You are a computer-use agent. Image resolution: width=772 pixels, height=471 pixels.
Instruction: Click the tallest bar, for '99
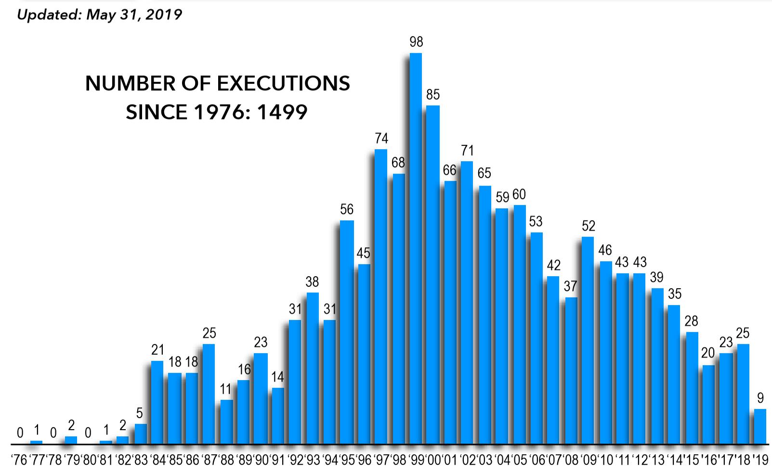[x=416, y=248]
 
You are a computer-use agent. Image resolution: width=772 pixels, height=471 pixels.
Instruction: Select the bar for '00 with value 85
[x=433, y=274]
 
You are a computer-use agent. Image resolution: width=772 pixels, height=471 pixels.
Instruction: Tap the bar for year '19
[x=760, y=426]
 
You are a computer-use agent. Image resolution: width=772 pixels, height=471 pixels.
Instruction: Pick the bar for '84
[x=157, y=402]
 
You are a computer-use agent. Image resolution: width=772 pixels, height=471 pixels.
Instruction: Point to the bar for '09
[x=588, y=340]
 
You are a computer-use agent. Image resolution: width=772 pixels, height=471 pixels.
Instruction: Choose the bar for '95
[x=347, y=332]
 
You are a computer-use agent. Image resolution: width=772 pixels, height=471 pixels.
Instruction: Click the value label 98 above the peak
[x=416, y=42]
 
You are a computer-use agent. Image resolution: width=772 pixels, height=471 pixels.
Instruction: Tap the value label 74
[x=381, y=139]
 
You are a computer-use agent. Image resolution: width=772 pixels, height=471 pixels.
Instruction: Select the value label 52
[x=588, y=226]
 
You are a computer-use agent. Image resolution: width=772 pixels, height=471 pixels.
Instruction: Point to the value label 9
[x=760, y=398]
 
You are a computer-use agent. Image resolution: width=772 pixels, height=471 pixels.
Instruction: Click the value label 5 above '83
[x=140, y=413]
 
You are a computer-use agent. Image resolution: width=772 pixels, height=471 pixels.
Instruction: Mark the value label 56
[x=347, y=209]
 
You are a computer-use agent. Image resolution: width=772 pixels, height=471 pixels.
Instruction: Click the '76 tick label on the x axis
[x=19, y=459]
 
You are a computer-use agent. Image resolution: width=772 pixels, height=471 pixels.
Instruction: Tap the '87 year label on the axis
[x=208, y=459]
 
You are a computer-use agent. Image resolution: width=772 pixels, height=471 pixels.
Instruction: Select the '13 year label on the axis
[x=656, y=459]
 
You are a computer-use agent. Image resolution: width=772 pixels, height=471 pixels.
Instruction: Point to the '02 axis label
[x=467, y=459]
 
